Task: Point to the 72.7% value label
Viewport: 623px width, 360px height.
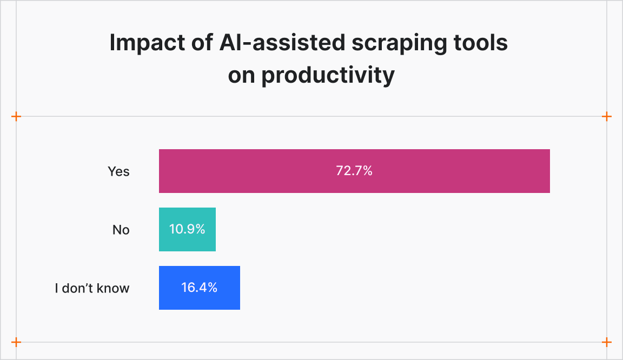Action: (x=354, y=171)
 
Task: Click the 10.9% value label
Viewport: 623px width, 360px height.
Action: (x=187, y=229)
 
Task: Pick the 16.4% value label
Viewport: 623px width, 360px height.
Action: (x=199, y=288)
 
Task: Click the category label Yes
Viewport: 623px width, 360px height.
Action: (x=118, y=171)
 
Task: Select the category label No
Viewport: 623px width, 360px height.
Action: (x=121, y=230)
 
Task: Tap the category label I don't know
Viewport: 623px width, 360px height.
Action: (x=92, y=288)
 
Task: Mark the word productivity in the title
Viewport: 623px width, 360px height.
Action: (x=328, y=76)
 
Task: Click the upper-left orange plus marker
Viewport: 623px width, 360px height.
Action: (x=16, y=116)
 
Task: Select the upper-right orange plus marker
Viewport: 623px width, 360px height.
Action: (x=607, y=116)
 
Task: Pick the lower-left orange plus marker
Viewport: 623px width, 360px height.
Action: (x=16, y=342)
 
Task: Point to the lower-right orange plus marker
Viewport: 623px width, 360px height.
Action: (x=607, y=342)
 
